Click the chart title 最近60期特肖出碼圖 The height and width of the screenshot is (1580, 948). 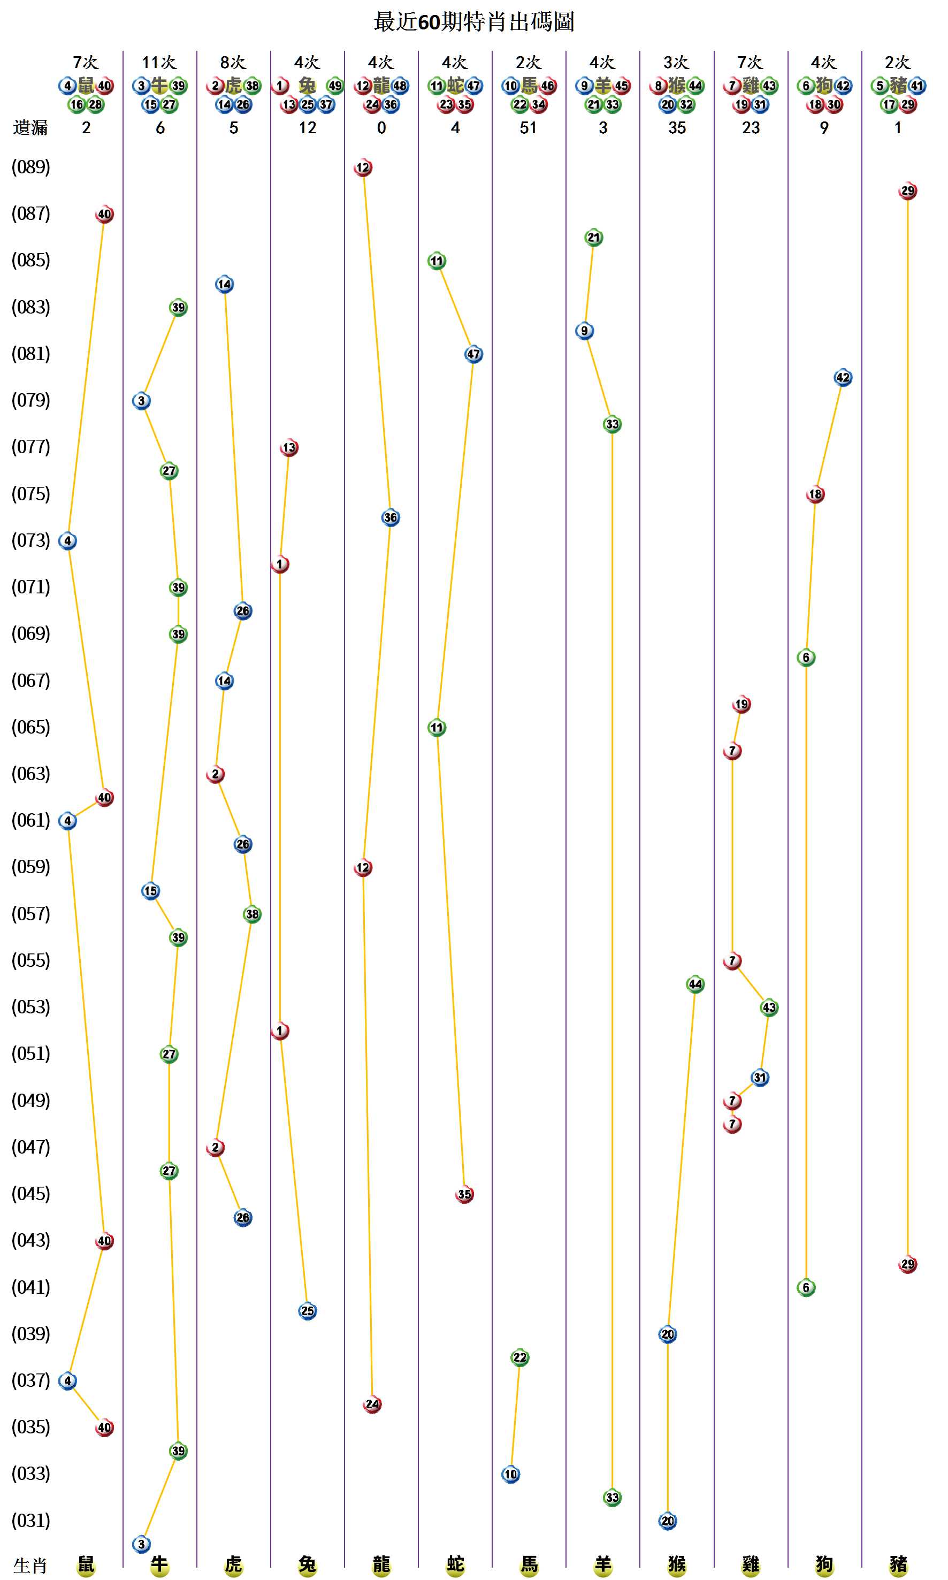point(473,22)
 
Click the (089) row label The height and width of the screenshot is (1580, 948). point(30,167)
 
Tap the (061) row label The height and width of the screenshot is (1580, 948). point(30,820)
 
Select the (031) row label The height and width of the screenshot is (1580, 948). point(30,1520)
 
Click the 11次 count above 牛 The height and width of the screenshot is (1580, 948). point(159,62)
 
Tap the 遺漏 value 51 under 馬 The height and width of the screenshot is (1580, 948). point(527,128)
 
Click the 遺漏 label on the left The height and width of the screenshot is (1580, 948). point(30,128)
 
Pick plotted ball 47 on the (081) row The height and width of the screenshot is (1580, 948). point(473,354)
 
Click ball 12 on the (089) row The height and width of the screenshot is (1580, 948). point(363,167)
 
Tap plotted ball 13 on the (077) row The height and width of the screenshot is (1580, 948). point(289,447)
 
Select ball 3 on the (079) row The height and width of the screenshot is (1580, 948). point(141,401)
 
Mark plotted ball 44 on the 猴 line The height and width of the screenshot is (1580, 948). point(695,984)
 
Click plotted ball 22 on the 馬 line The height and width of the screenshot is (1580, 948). point(520,1357)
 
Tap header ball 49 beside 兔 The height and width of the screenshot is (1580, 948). point(335,86)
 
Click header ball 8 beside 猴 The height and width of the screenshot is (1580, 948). point(659,86)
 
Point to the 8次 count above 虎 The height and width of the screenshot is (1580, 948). point(233,62)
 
